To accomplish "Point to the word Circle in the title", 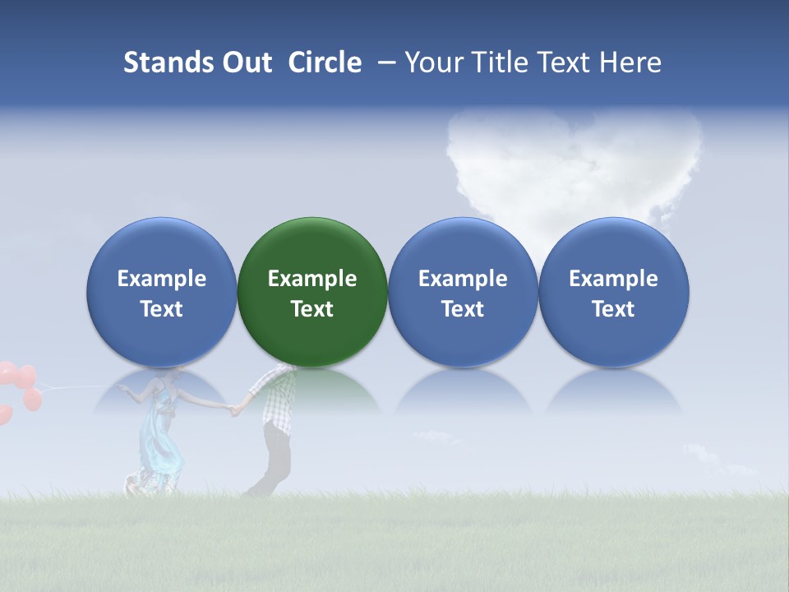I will (x=325, y=62).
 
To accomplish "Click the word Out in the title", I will (x=245, y=62).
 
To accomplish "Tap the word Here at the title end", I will (x=630, y=62).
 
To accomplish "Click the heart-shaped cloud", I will (x=575, y=164).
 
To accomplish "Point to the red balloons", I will (x=20, y=386).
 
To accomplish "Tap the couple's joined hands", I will (x=235, y=409).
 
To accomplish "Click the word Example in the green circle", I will (x=312, y=279).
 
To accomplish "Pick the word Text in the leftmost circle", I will (x=161, y=309).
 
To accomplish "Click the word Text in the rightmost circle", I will (x=614, y=309).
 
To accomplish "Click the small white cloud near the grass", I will (x=699, y=453).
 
